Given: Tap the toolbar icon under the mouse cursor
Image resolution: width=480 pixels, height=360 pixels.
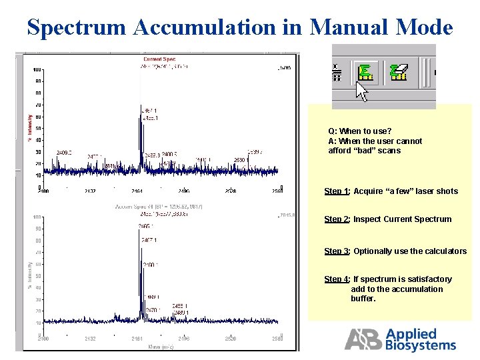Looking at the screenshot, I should [364, 71].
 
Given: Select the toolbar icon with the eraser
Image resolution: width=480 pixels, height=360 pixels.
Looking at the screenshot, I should [399, 71].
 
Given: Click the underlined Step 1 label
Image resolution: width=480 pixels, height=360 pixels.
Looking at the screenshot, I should [337, 191].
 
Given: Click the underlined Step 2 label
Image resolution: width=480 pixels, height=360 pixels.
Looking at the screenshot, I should [337, 219].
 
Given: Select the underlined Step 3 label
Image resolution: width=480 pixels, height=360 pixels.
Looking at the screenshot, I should [337, 251].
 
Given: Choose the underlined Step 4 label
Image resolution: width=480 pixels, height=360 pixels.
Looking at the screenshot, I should [337, 279].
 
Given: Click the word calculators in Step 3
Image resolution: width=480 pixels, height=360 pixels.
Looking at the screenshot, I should [444, 251].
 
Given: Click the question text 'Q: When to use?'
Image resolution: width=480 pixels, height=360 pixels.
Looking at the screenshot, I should [359, 131].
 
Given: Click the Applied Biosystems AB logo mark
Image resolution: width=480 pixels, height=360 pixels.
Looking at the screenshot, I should [363, 339].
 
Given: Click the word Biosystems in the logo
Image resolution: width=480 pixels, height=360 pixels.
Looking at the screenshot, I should [421, 345].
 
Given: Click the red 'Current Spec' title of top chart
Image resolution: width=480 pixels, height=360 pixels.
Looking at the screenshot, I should [159, 59].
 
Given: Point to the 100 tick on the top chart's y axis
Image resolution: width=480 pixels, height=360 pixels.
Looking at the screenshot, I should [37, 69].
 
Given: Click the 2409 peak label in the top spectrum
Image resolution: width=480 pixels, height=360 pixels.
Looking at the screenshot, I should [64, 152].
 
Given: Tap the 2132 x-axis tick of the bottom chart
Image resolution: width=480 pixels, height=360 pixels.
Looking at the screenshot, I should [90, 339].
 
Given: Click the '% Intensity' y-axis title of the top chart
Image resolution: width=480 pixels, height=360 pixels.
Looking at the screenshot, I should [29, 126].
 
